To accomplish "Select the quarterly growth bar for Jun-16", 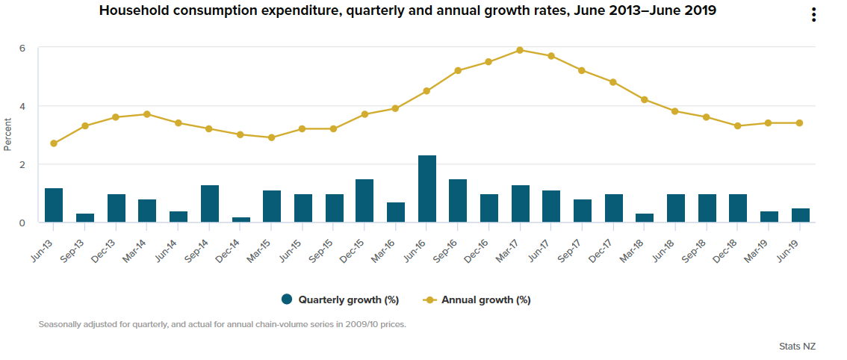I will (427, 189).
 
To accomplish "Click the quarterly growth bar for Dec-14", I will (241, 220).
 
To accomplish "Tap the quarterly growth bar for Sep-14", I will (210, 204).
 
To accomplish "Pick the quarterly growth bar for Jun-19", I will (801, 215).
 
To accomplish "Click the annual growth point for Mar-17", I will (521, 50).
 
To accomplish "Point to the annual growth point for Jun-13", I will (54, 143).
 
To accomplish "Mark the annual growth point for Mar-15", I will (272, 137).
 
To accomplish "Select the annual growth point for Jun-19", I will (800, 123).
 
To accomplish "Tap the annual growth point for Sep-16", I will (459, 71).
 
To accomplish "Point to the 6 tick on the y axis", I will (22, 49).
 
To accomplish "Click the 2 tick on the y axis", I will (22, 164).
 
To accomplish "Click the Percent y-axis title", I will (8, 134).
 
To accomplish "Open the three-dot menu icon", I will (813, 16).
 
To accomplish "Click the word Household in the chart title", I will (131, 10).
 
